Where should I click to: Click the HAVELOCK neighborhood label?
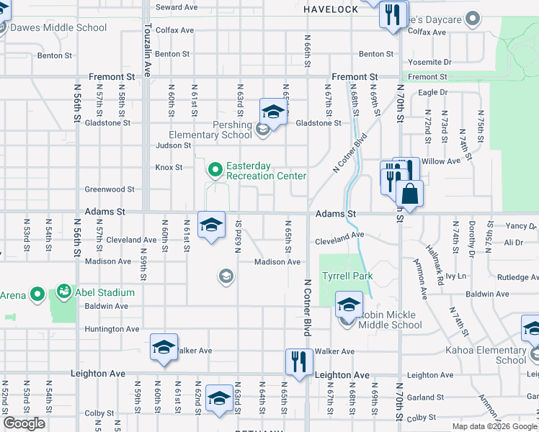point(330,9)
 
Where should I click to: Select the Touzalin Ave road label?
point(147,39)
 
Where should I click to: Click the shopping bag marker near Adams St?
point(409,195)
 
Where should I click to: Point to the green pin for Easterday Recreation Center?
point(214,171)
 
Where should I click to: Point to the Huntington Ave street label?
point(112,329)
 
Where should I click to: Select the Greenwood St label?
point(110,189)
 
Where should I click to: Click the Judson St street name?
point(174,145)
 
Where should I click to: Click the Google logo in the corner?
point(24,423)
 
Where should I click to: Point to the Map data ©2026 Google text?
point(494,426)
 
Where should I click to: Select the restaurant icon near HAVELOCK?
point(392,16)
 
